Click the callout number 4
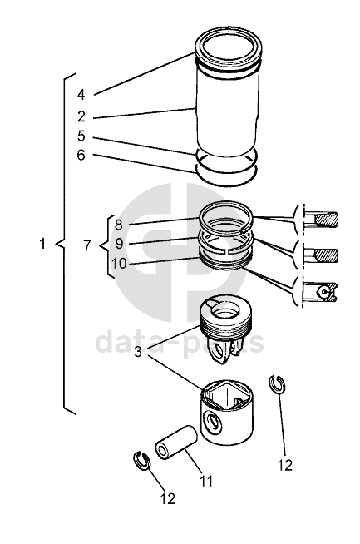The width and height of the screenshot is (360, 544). [x=81, y=94]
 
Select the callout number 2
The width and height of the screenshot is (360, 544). [x=81, y=116]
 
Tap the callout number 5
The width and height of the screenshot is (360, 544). [x=81, y=136]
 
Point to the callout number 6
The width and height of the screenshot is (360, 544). [x=81, y=155]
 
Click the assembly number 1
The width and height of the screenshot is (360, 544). [x=42, y=244]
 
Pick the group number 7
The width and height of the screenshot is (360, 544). [x=87, y=246]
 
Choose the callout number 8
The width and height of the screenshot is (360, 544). [x=119, y=225]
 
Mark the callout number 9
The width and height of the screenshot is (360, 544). [x=119, y=244]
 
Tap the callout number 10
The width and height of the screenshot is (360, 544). [x=119, y=264]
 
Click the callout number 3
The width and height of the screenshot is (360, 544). [x=138, y=353]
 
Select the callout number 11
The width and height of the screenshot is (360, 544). [x=206, y=482]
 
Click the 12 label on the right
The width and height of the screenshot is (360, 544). [x=285, y=466]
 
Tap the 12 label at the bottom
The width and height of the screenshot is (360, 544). [x=167, y=499]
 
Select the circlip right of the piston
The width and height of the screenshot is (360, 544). [x=277, y=385]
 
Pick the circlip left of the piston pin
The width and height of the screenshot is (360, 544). [x=141, y=461]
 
